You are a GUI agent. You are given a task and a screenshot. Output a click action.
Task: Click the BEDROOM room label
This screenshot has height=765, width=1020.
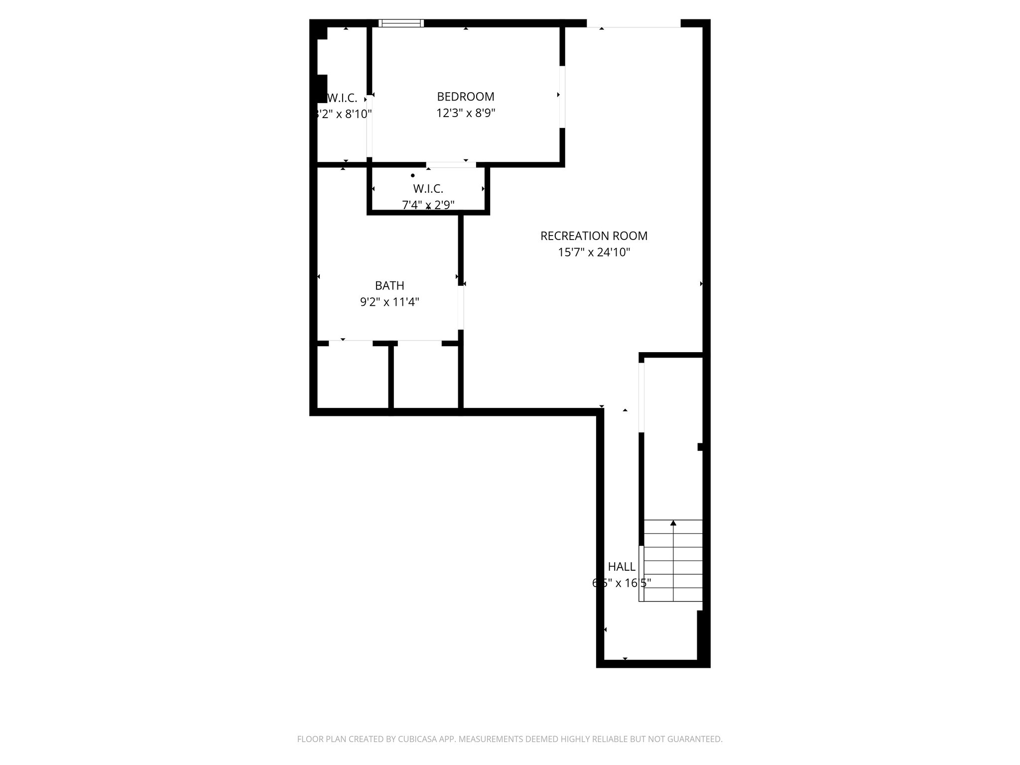[x=465, y=97]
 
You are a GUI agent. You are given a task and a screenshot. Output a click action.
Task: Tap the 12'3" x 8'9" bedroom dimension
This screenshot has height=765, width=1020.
[x=465, y=113]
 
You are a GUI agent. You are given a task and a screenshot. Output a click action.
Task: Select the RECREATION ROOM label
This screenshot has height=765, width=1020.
[x=594, y=236]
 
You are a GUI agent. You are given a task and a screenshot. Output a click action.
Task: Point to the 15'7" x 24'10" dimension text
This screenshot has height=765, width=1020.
[x=594, y=253]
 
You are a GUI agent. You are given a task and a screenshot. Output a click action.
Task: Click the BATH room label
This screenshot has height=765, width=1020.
[x=389, y=286]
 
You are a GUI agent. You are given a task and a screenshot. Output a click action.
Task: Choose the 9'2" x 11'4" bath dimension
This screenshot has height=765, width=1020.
[x=389, y=302]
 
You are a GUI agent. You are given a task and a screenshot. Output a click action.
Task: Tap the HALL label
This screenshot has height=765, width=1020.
[x=622, y=567]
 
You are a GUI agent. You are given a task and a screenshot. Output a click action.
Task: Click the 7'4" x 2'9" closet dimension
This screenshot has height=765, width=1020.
[x=428, y=205]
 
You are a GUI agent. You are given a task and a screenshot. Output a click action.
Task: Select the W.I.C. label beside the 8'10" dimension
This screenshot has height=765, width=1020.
[x=342, y=98]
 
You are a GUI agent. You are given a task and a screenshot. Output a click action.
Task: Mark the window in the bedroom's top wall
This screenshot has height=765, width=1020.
[x=401, y=23]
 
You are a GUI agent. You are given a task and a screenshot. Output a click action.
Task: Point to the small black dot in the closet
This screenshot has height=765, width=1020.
[x=413, y=175]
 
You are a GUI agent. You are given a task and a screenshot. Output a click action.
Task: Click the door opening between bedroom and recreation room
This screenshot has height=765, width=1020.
[x=562, y=97]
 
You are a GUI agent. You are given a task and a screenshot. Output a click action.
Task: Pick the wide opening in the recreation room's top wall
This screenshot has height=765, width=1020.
[x=633, y=24]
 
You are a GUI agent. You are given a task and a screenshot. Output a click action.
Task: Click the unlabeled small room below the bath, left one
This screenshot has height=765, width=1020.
[x=353, y=377]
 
